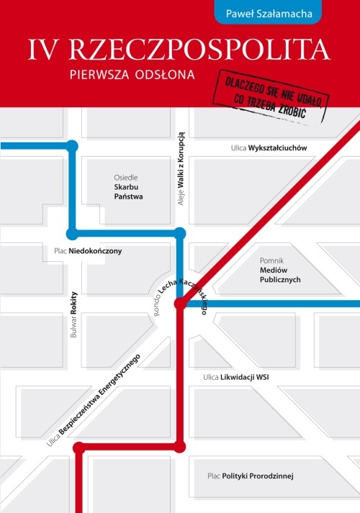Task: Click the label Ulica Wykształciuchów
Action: click(269, 147)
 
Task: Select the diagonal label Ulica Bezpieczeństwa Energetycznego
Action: click(94, 400)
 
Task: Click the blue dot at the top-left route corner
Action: click(72, 146)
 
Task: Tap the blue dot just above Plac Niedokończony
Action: click(72, 233)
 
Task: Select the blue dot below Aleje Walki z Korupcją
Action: click(180, 233)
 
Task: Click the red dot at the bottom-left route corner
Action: click(78, 448)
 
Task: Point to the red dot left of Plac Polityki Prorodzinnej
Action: click(180, 448)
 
